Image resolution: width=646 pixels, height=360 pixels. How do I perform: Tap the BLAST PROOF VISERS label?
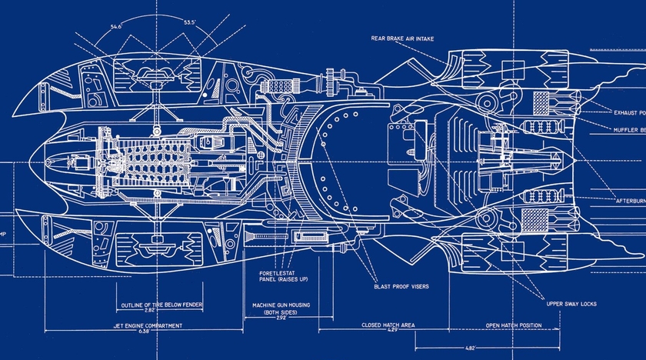pyautogui.click(x=401, y=286)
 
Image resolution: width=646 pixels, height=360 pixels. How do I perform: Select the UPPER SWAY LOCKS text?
pyautogui.click(x=571, y=304)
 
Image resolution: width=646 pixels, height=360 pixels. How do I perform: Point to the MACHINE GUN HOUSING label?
pyautogui.click(x=281, y=305)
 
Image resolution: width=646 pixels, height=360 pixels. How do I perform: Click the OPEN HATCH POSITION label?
pyautogui.click(x=513, y=325)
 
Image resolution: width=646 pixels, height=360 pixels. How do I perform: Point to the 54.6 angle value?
pyautogui.click(x=116, y=27)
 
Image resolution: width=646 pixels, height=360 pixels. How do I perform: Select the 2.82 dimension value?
pyautogui.click(x=160, y=313)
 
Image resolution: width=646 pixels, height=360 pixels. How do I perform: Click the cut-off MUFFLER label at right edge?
pyautogui.click(x=627, y=129)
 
